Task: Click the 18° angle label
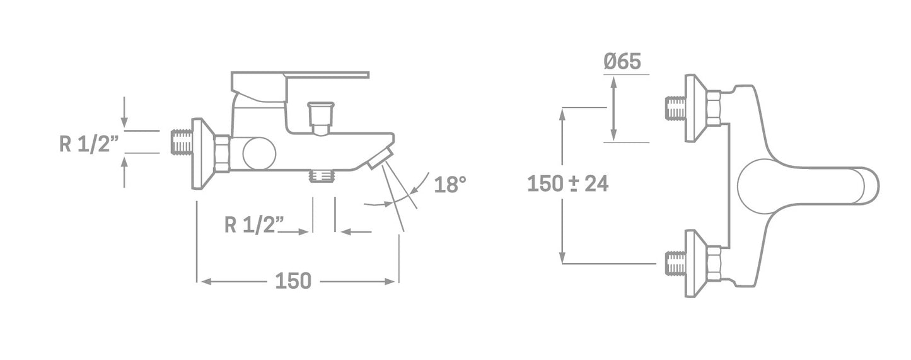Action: point(450,185)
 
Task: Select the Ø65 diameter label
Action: point(622,62)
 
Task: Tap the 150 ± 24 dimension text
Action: point(567,184)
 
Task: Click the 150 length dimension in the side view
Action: point(293,281)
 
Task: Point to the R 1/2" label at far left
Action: point(89,144)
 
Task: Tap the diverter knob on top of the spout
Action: point(320,116)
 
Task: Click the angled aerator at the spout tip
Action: point(380,157)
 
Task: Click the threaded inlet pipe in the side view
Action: point(182,142)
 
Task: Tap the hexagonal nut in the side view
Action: point(221,154)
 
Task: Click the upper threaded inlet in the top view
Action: point(675,108)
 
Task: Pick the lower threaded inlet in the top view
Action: point(675,263)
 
